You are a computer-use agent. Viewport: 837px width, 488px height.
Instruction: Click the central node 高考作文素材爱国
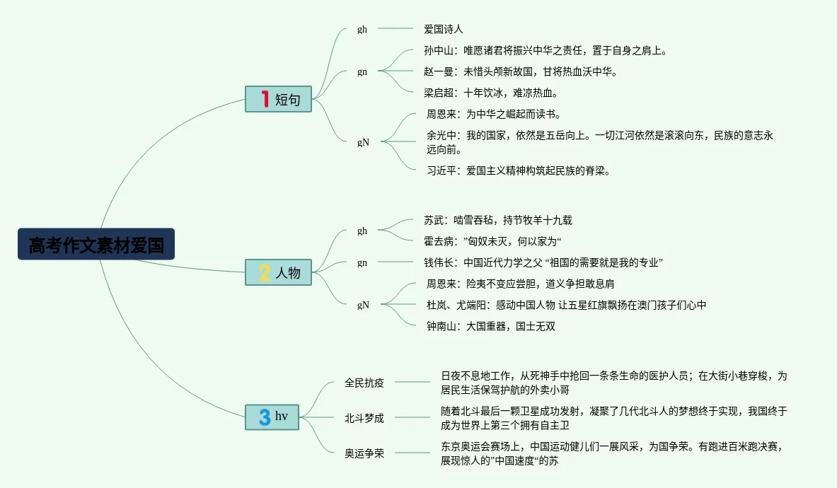(x=96, y=245)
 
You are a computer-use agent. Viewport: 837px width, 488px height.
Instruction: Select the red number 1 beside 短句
(x=265, y=100)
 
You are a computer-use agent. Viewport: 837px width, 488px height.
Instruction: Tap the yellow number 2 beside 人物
(x=265, y=273)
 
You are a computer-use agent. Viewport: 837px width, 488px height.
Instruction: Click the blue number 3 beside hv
(x=265, y=417)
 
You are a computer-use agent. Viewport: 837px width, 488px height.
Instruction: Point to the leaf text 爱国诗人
(x=443, y=29)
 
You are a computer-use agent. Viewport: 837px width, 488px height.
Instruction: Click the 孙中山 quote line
(x=545, y=50)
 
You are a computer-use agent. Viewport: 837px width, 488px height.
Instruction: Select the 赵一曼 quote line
(x=520, y=71)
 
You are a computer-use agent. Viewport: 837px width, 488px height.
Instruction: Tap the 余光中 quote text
(x=599, y=142)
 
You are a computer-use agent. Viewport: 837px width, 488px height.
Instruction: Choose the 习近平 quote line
(x=518, y=170)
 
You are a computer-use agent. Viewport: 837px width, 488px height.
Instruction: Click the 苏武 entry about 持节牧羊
(x=497, y=221)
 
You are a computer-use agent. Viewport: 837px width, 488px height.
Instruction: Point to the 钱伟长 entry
(x=543, y=262)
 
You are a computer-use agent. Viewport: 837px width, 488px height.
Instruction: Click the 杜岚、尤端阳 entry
(x=566, y=305)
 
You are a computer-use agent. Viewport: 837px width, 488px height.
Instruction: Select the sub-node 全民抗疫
(x=364, y=383)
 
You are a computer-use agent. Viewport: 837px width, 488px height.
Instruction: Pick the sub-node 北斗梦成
(x=364, y=418)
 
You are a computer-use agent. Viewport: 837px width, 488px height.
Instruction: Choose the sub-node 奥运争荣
(x=364, y=453)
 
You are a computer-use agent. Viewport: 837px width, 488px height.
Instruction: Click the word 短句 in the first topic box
(x=288, y=100)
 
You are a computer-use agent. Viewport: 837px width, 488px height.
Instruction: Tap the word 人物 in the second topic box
(x=288, y=273)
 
